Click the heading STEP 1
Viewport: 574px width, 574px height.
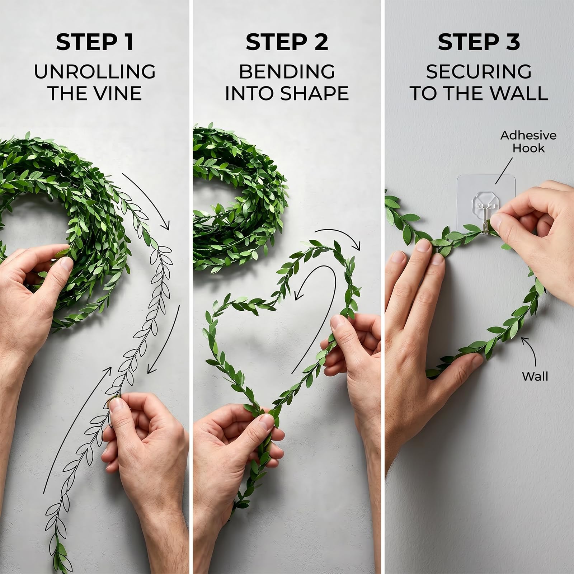click(95, 42)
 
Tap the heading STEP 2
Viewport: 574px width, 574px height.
click(287, 42)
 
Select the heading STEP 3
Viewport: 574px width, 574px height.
click(479, 42)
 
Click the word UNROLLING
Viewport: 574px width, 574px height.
click(95, 71)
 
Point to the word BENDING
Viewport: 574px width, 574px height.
click(287, 71)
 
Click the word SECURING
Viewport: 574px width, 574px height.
click(479, 71)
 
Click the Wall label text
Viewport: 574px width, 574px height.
click(535, 376)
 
